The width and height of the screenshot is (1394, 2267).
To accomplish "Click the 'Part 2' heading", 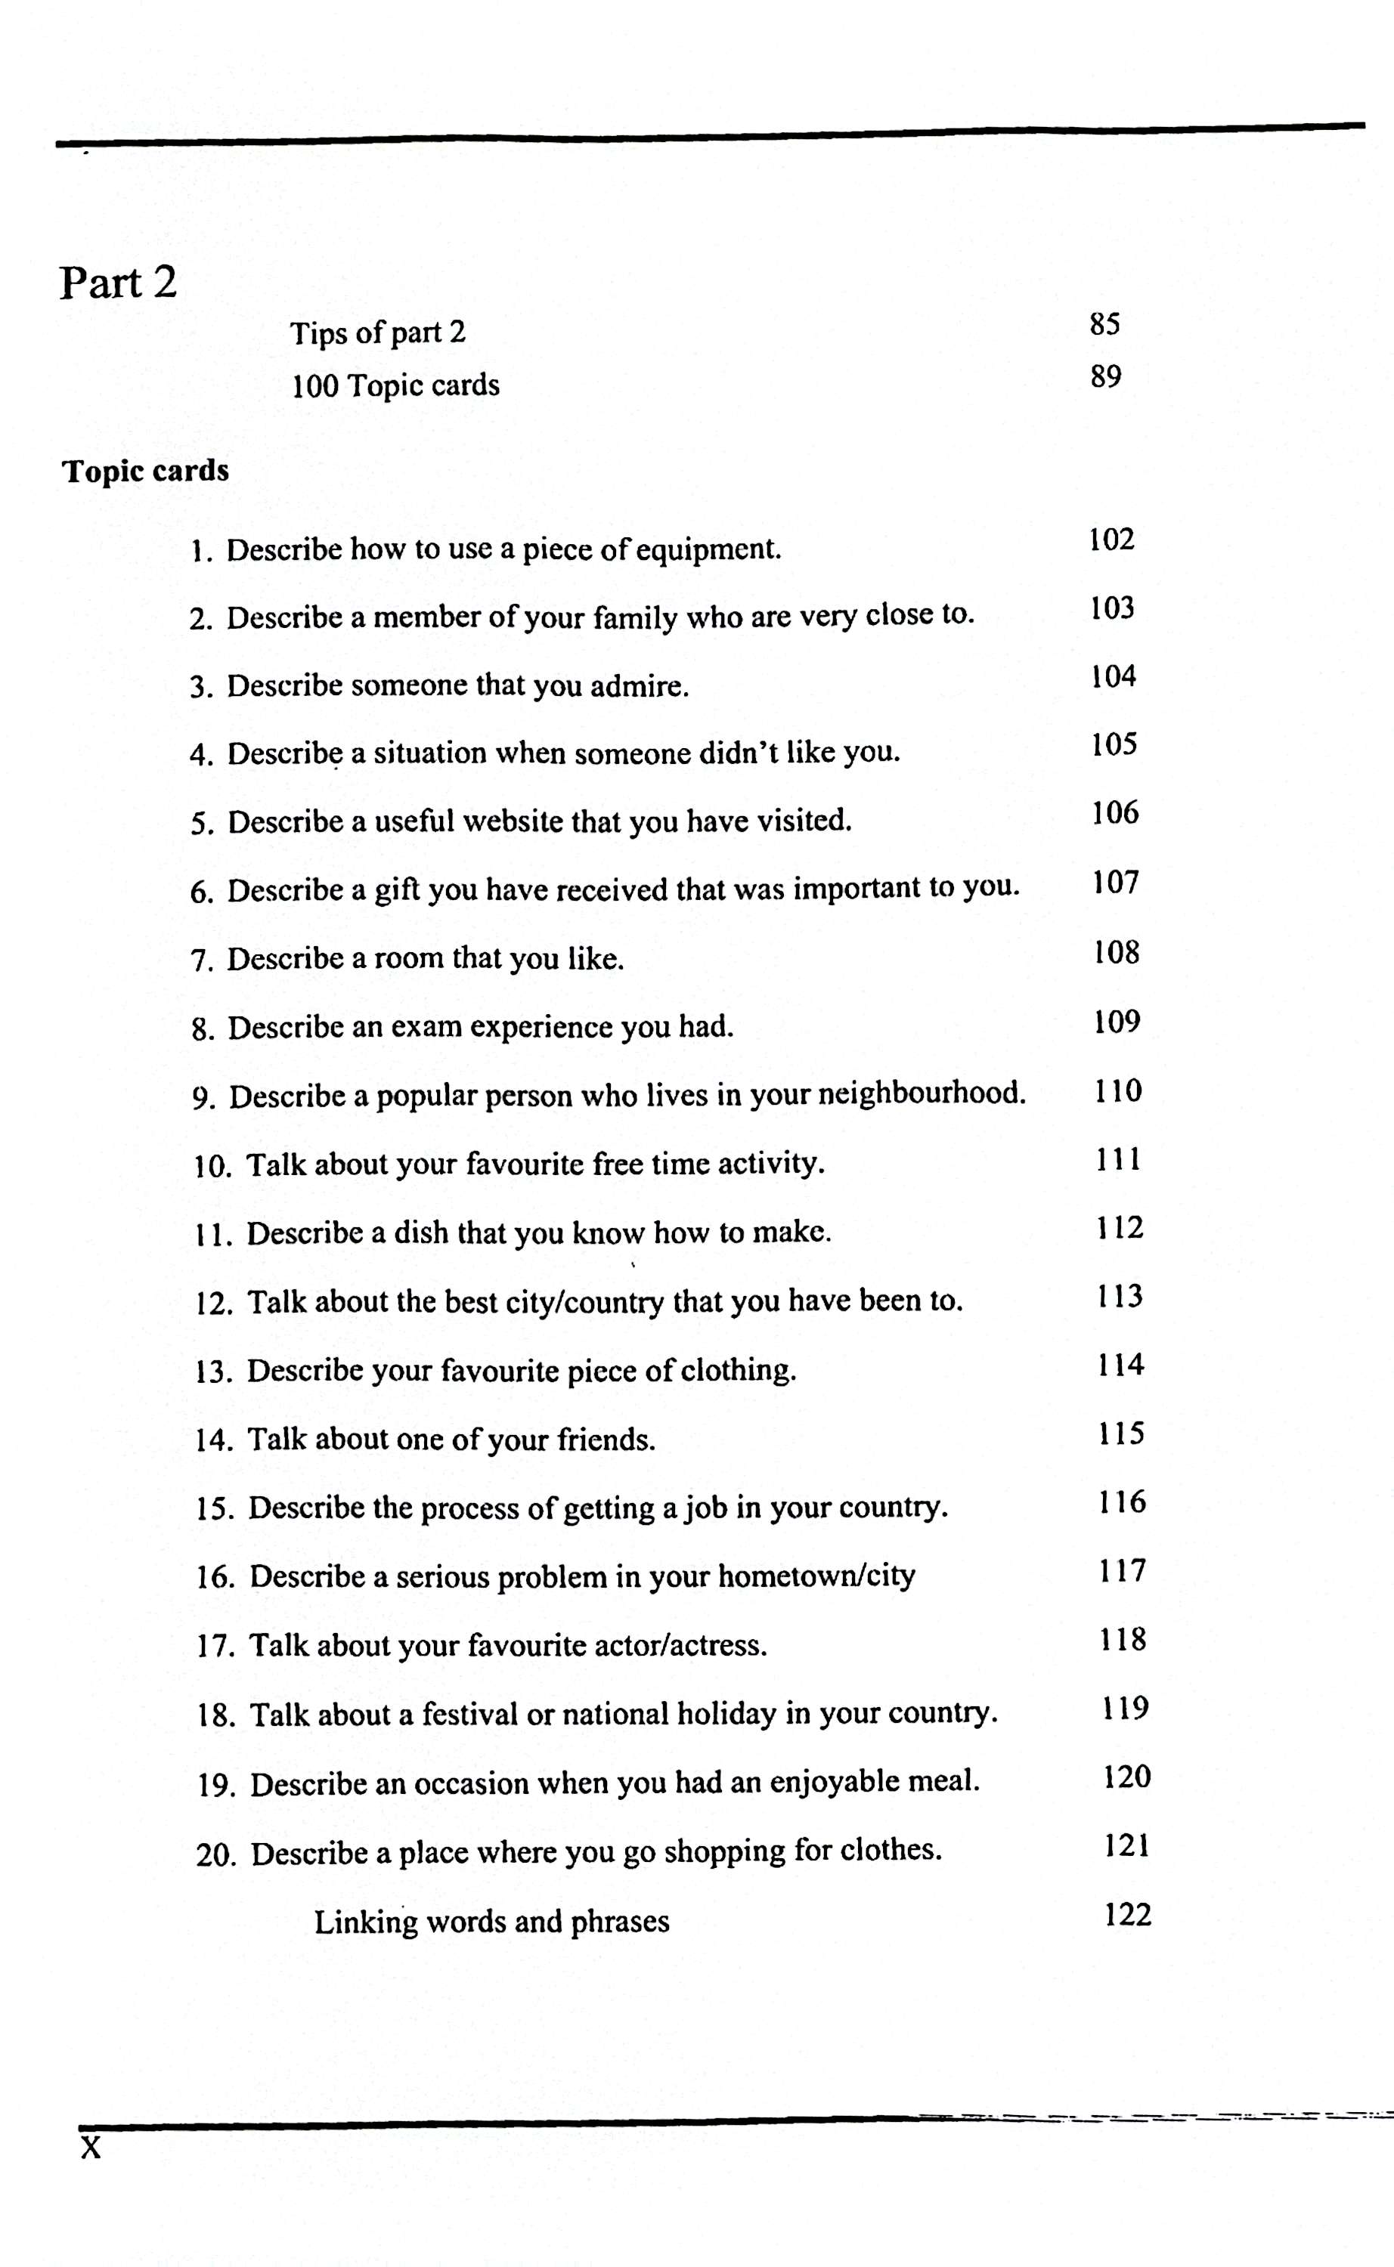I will (x=118, y=282).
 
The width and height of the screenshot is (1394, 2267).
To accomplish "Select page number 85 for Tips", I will (x=1104, y=324).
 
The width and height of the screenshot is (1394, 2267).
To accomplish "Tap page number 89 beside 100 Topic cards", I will (x=1105, y=377).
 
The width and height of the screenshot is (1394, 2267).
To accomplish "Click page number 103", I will (x=1112, y=608).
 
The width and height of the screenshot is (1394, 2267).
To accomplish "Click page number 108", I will (x=1117, y=952).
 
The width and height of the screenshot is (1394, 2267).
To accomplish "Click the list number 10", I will (x=213, y=1167).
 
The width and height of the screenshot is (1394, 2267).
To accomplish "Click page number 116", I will (x=1121, y=1503).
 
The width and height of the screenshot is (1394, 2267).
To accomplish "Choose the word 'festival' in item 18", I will (x=470, y=1714).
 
